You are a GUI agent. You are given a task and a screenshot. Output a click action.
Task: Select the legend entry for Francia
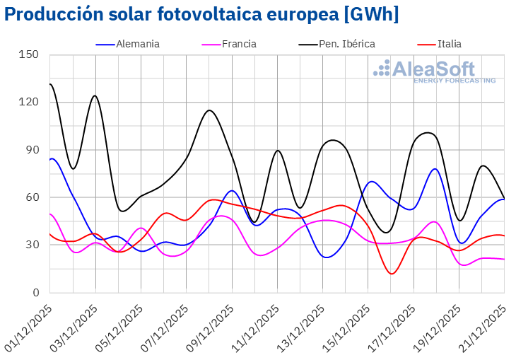pos(239,44)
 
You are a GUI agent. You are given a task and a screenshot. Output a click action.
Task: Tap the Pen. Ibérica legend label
pos(346,44)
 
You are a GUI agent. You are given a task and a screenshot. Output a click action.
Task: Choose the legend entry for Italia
pos(449,44)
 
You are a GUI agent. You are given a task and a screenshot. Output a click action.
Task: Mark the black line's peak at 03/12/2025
pos(95,95)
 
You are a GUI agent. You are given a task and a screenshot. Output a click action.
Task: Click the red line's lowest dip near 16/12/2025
pos(392,274)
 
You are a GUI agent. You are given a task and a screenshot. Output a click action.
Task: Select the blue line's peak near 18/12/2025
pos(435,169)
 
